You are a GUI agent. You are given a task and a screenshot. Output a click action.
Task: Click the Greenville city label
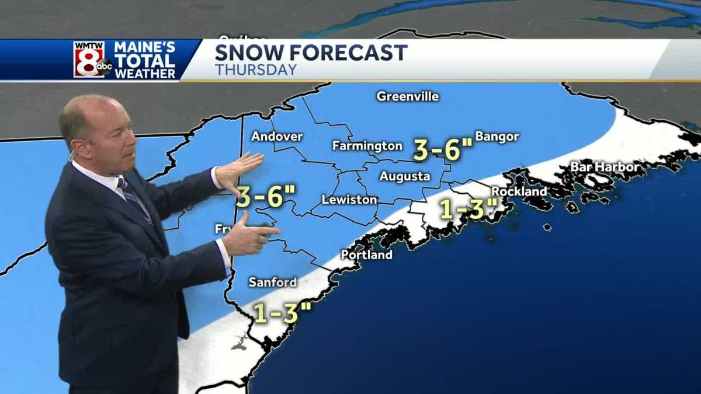407,96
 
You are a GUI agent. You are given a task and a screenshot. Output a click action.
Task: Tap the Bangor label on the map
497,137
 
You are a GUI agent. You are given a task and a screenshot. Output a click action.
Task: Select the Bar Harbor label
605,167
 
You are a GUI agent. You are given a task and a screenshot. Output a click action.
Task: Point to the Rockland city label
519,191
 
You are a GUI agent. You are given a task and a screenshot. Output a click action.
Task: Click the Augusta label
404,176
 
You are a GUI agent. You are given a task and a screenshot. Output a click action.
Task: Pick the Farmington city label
367,145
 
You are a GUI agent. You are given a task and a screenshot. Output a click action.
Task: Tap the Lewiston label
349,200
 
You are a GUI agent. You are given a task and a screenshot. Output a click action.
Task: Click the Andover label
277,137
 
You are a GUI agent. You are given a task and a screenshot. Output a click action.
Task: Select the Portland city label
367,254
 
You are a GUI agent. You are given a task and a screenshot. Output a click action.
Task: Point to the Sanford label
272,282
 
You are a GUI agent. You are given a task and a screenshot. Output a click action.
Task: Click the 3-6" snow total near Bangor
442,150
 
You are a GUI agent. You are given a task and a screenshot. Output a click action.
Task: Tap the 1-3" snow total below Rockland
469,209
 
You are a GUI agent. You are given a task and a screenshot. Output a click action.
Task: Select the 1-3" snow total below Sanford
282,313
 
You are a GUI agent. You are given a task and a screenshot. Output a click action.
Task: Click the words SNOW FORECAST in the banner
311,53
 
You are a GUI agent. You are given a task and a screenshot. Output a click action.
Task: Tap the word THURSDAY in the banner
256,70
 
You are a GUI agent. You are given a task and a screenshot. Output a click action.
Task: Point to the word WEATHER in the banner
145,74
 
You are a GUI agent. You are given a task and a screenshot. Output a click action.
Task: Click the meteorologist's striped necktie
134,198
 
